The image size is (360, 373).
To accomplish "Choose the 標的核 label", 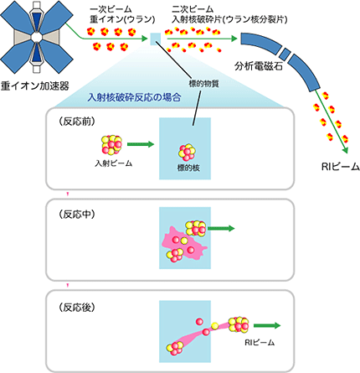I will click(189, 168).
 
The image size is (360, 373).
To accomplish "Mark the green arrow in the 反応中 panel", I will click(222, 227).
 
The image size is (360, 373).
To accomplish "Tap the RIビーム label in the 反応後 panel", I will click(260, 343).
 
